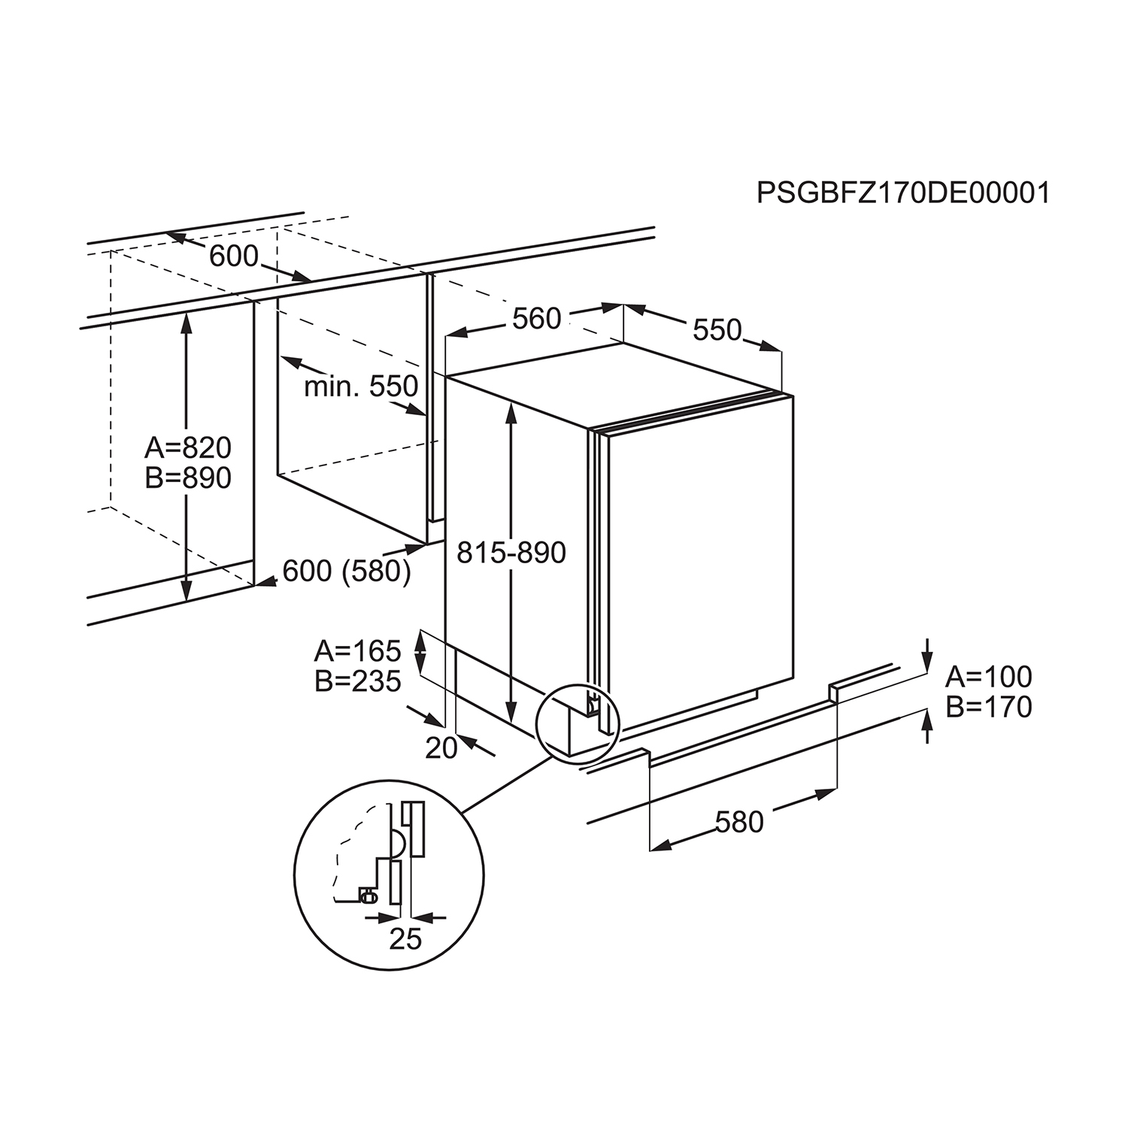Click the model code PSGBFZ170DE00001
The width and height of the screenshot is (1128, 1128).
pos(902,193)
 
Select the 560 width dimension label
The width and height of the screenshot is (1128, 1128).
pos(536,319)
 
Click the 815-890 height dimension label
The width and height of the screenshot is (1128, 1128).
pos(511,553)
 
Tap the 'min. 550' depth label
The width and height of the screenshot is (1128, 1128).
pos(361,387)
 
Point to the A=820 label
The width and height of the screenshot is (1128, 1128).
pos(188,448)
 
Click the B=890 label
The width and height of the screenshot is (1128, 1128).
pos(188,478)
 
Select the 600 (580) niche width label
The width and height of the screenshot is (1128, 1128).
pos(347,572)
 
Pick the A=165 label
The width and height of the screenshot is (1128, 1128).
pos(357,650)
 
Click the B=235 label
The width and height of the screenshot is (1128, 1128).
pos(357,681)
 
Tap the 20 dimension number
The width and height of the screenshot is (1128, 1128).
pos(441,748)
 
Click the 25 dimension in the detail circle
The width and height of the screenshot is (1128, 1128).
pos(405,938)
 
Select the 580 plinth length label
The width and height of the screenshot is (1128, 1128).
pos(739,822)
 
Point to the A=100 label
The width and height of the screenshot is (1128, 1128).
pos(988,677)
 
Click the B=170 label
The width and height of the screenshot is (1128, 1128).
pos(988,707)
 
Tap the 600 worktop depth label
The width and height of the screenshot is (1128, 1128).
pos(233,256)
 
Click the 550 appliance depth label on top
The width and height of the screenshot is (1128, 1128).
pos(717,329)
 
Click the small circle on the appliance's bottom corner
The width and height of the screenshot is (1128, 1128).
pos(576,721)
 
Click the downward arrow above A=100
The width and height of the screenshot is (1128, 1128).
pos(928,651)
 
